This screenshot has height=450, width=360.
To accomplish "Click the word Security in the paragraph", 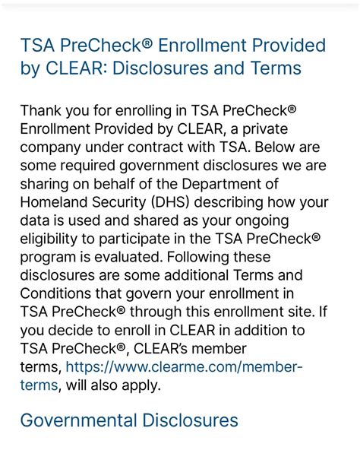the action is tap(122, 203).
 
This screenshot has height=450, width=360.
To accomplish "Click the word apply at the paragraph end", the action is tap(140, 385).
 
